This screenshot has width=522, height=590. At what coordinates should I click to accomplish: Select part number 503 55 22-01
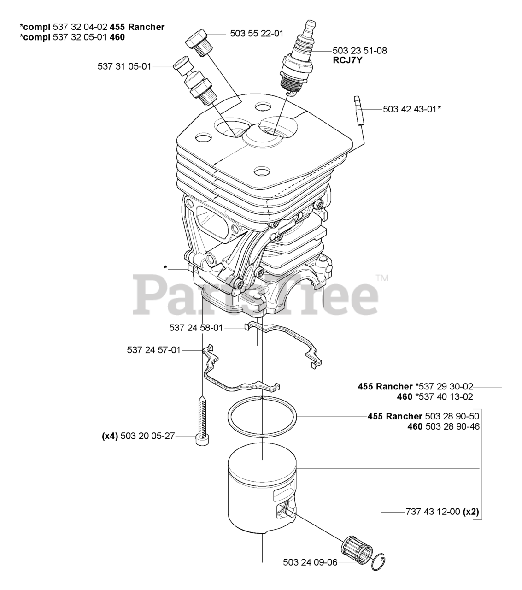pos(257,34)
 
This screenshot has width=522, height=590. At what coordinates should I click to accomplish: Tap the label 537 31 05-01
pos(124,66)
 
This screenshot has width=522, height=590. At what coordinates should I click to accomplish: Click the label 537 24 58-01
pos(196,328)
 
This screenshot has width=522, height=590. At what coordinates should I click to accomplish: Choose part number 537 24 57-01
pos(153,350)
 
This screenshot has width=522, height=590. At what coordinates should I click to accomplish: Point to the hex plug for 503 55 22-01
pos(199,41)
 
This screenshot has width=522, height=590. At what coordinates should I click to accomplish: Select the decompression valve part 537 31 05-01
pos(196,78)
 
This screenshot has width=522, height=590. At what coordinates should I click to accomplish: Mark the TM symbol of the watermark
pos(382,278)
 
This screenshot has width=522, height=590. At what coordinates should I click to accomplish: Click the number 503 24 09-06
pos(310,562)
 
